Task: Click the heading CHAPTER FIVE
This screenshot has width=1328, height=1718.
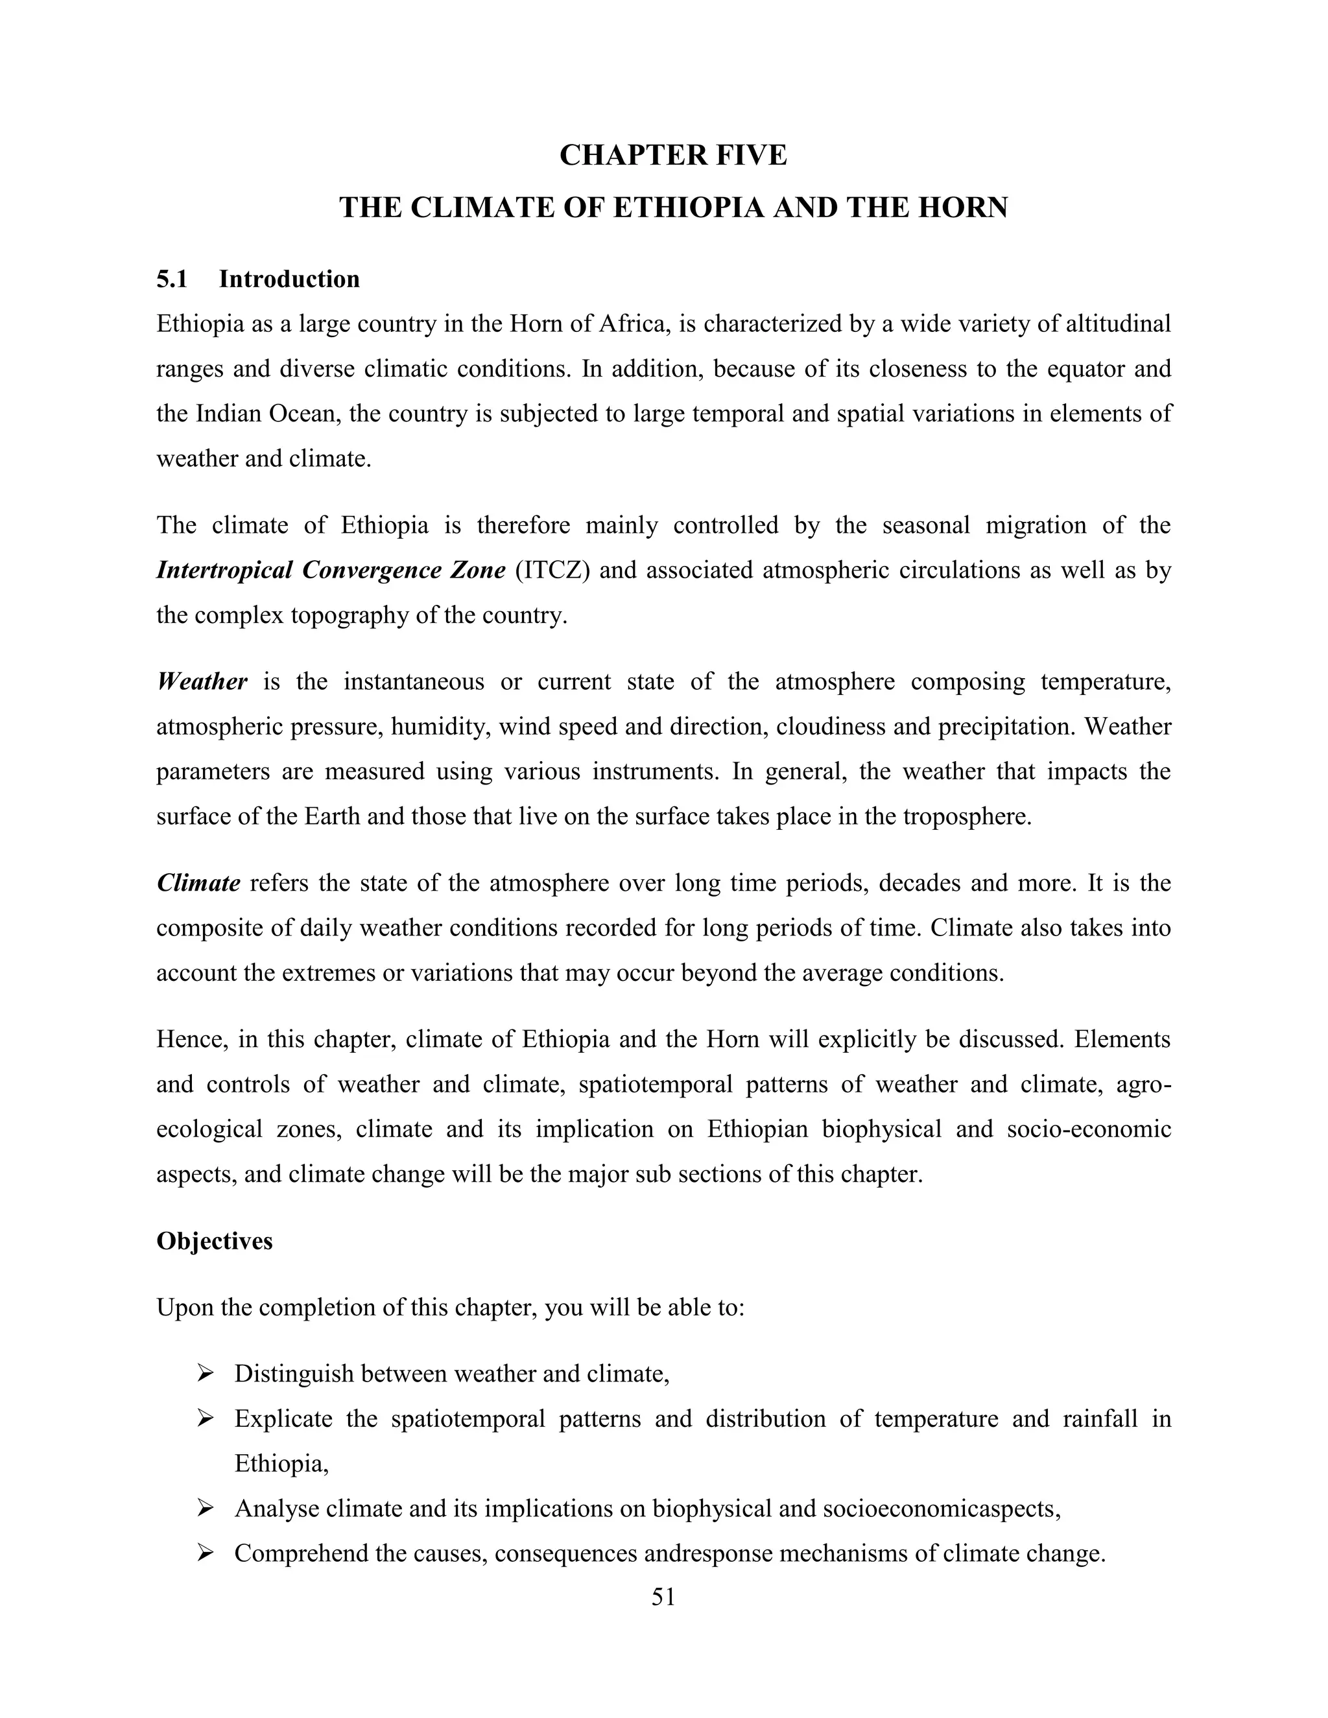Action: [672, 156]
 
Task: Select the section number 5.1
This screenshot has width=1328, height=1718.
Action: [171, 279]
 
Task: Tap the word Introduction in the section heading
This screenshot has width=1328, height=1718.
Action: [289, 279]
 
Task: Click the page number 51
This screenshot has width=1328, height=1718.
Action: [663, 1597]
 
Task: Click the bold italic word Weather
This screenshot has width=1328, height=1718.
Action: [202, 681]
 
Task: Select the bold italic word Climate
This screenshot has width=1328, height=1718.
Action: [198, 884]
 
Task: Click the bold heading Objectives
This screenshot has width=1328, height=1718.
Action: [214, 1241]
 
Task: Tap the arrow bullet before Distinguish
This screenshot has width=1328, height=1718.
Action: [206, 1374]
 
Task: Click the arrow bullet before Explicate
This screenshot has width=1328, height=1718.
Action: [206, 1419]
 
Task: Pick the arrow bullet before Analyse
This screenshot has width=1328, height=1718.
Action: [206, 1509]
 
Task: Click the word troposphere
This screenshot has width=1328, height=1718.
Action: [966, 816]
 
